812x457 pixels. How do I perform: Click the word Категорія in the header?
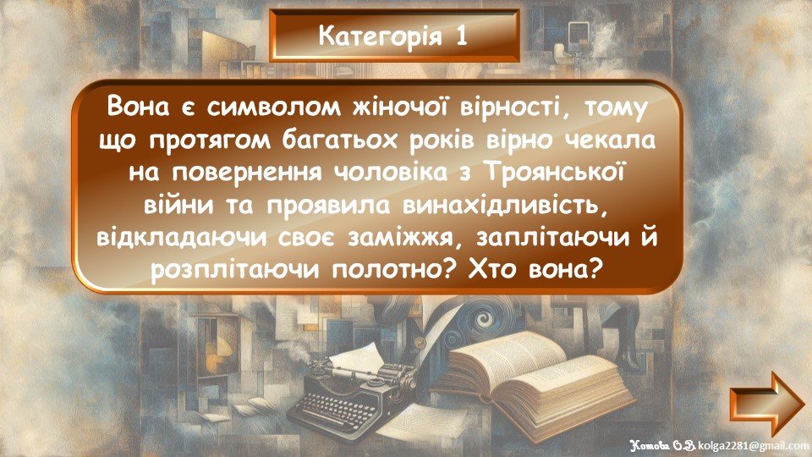coord(380,36)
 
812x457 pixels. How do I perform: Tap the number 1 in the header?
coord(461,36)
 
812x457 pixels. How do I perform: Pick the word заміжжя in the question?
coord(408,239)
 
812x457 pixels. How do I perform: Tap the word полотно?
coord(396,271)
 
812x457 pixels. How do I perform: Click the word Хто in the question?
coord(493,271)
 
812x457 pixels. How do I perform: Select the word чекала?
coord(610,140)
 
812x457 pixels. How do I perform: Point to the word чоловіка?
coord(389,173)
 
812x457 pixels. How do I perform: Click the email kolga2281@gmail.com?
coord(753,446)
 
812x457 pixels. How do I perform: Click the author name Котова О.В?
coord(663,446)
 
